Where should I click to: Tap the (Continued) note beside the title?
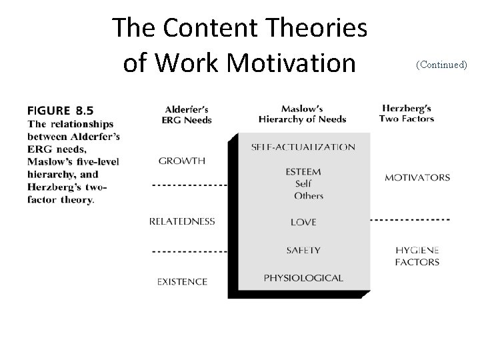[x=441, y=65]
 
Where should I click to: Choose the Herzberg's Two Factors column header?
[x=407, y=114]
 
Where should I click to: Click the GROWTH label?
[x=182, y=161]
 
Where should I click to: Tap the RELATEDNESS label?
[x=182, y=221]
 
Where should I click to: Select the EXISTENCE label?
[x=182, y=281]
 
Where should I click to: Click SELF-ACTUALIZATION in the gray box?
[x=303, y=147]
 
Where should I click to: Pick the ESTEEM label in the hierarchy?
[x=303, y=171]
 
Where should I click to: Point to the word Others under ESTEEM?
[x=308, y=196]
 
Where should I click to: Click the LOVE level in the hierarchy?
[x=303, y=222]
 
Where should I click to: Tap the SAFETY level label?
[x=303, y=251]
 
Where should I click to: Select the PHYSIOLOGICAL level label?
[x=303, y=277]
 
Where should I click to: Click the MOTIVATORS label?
[x=417, y=178]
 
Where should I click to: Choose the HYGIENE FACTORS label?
[x=417, y=256]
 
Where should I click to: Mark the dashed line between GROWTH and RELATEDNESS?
[x=190, y=185]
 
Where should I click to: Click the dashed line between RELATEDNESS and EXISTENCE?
[x=190, y=251]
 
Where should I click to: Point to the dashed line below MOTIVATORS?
[x=410, y=219]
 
